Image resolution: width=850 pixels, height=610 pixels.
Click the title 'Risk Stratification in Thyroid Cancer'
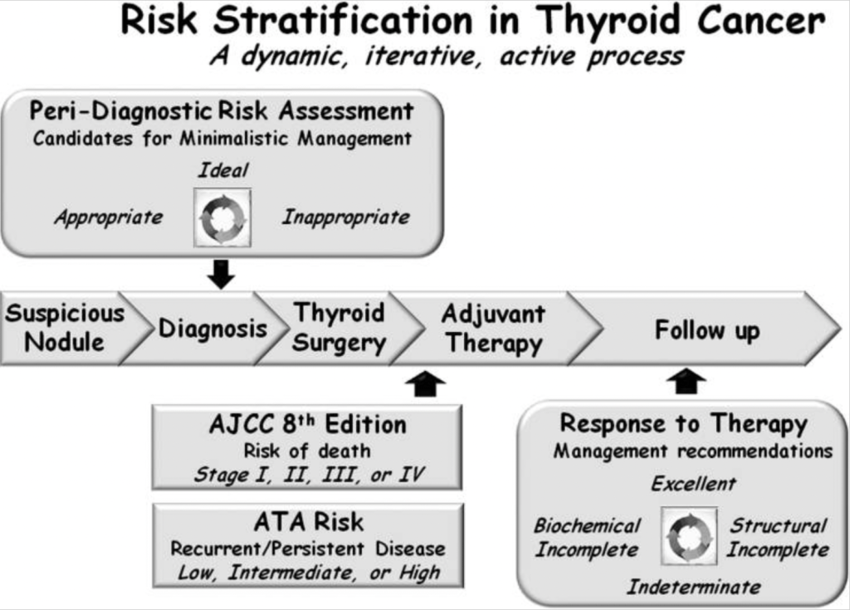click(473, 22)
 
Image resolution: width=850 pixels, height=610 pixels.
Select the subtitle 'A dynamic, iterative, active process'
click(446, 56)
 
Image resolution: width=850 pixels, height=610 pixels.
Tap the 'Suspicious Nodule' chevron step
click(63, 328)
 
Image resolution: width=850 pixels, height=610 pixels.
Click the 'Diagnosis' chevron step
click(212, 329)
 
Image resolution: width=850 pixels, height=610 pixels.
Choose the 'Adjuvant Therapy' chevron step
click(493, 328)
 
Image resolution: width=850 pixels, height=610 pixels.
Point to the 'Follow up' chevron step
click(706, 330)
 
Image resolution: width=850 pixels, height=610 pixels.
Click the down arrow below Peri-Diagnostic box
click(221, 274)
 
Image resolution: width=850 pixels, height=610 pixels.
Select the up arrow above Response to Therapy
click(686, 382)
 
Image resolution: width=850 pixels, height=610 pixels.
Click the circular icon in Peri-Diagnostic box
click(222, 217)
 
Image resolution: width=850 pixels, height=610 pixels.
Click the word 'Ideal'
click(222, 170)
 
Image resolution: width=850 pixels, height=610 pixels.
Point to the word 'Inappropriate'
click(345, 217)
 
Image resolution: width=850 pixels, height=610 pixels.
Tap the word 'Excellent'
click(693, 483)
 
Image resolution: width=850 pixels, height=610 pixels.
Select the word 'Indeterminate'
click(693, 588)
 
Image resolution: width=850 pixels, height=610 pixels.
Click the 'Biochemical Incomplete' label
click(587, 538)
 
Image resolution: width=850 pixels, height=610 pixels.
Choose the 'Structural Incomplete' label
click(778, 538)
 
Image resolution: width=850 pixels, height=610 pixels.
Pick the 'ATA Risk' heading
click(308, 522)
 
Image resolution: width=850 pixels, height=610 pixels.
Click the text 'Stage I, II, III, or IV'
click(308, 476)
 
